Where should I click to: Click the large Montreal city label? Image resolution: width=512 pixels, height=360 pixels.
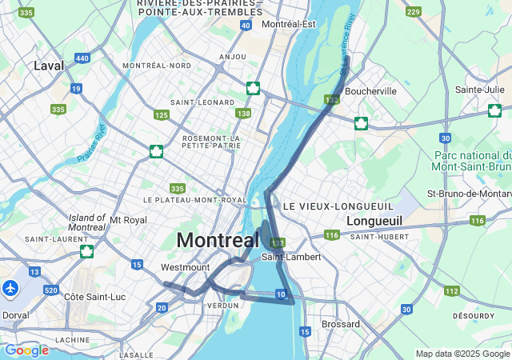click(x=218, y=240)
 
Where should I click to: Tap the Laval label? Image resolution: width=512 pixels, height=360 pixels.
click(x=49, y=66)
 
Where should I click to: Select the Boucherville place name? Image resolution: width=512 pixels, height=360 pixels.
click(x=370, y=91)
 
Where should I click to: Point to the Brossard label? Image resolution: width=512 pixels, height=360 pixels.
click(x=340, y=324)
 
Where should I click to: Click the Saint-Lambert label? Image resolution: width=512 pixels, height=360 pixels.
click(x=291, y=257)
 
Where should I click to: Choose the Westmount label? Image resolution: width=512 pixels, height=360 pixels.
click(x=185, y=267)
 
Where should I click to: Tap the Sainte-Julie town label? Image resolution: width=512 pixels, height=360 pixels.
click(x=479, y=90)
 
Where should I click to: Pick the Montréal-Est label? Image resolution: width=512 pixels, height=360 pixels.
click(x=289, y=25)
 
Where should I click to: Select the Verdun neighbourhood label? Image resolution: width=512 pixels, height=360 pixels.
click(x=222, y=305)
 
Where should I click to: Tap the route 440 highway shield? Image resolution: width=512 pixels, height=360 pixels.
click(x=82, y=58)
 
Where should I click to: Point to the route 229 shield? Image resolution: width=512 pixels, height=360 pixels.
click(x=413, y=12)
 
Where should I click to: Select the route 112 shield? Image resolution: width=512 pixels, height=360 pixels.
click(x=452, y=291)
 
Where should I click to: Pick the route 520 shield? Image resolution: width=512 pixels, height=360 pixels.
click(x=52, y=290)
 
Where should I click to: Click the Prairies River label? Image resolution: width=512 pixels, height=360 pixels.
click(x=92, y=144)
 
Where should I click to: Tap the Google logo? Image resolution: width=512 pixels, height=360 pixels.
click(x=26, y=350)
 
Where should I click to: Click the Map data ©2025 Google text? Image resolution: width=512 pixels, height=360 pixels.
click(x=462, y=354)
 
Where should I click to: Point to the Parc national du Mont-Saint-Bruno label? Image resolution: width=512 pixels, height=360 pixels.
click(x=472, y=161)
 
